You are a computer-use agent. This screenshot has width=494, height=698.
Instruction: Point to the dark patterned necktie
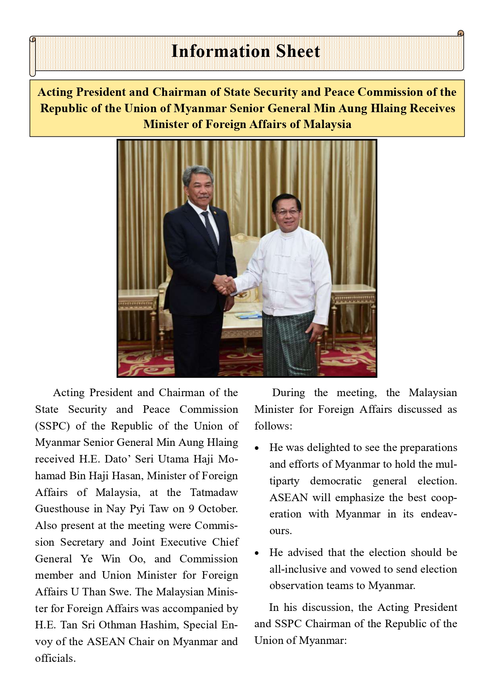[x=211, y=231]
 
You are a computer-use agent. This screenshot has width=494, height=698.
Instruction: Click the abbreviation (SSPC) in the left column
[x=53, y=426]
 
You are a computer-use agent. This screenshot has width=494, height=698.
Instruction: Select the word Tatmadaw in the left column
[x=214, y=492]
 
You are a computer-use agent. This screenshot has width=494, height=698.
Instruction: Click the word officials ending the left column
[x=55, y=658]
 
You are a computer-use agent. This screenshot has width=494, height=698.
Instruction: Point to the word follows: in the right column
[x=273, y=426]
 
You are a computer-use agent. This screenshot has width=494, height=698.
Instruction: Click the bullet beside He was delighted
[x=257, y=448]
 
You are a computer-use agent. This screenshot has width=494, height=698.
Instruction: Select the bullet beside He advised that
[x=257, y=553]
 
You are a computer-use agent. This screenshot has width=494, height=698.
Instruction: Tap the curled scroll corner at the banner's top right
[x=461, y=33]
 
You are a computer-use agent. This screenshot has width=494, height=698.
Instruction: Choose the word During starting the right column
[x=289, y=393]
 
